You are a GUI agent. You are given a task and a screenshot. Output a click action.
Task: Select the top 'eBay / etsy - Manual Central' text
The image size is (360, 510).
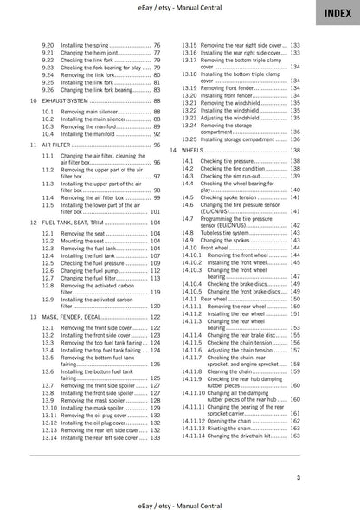(x=179, y=8)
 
